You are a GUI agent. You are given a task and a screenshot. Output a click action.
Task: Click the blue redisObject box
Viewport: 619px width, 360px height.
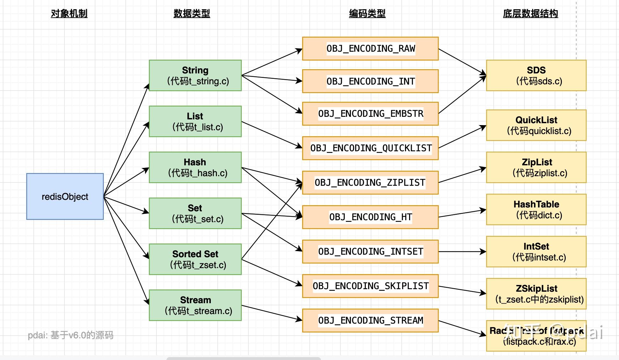click(x=65, y=196)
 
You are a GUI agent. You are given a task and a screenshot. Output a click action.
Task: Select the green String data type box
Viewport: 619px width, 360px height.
click(x=195, y=75)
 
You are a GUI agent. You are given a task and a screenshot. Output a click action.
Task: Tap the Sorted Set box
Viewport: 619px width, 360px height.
click(x=195, y=259)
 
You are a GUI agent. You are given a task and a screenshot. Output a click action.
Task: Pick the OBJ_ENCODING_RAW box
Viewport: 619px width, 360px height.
click(x=370, y=49)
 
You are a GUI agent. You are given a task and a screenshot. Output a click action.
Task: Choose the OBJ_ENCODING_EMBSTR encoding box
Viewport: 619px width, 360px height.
click(x=370, y=114)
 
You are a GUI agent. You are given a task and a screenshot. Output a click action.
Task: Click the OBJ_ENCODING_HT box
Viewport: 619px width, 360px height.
click(x=370, y=217)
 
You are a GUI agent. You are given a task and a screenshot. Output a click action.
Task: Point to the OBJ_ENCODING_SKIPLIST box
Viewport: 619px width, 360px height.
click(x=370, y=286)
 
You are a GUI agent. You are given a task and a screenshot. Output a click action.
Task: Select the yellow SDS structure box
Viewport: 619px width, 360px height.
click(x=536, y=75)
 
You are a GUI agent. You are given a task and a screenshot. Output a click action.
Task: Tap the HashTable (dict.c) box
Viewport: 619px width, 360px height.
click(x=536, y=209)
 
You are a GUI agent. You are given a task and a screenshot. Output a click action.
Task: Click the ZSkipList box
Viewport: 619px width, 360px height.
click(x=536, y=294)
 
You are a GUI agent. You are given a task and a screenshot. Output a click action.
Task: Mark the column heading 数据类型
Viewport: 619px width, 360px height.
click(x=192, y=13)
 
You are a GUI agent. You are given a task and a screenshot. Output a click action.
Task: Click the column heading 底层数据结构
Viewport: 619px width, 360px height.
click(x=530, y=13)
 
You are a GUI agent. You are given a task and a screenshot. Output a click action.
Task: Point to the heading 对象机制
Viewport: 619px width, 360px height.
click(x=69, y=13)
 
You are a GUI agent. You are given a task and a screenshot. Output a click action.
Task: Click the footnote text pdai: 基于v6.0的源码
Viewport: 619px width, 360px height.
click(x=71, y=335)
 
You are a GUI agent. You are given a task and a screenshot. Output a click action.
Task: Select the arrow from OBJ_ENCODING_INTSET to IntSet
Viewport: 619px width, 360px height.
click(x=462, y=251)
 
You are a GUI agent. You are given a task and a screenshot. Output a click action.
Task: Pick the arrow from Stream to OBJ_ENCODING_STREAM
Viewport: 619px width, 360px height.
click(x=271, y=312)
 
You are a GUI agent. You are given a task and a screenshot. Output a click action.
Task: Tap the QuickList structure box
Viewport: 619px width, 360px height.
click(x=536, y=125)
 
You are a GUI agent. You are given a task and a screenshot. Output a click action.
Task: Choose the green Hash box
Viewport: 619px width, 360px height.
click(x=195, y=167)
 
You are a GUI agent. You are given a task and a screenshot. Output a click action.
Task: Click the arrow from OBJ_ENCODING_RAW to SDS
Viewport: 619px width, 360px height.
click(x=462, y=62)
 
